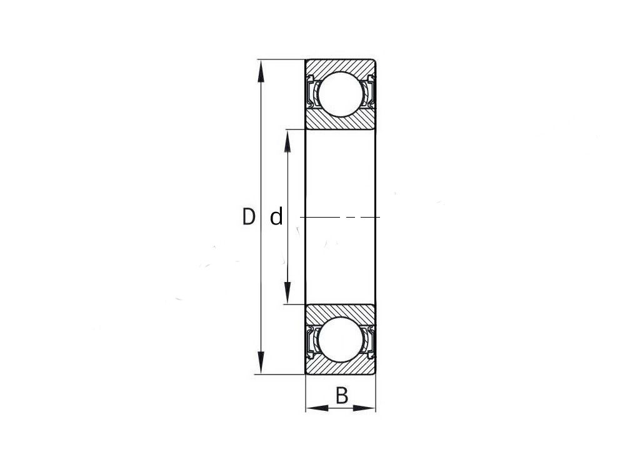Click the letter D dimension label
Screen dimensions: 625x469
point(248,216)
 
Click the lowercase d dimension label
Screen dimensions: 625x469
point(276,216)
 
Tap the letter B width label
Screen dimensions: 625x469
point(342,395)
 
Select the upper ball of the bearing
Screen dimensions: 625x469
point(341,94)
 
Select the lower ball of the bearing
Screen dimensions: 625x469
point(341,340)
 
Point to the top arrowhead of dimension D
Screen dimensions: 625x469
point(261,71)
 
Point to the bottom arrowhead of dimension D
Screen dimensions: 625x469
point(261,363)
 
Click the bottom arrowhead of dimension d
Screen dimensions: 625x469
point(287,293)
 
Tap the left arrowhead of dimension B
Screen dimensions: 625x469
point(317,408)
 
